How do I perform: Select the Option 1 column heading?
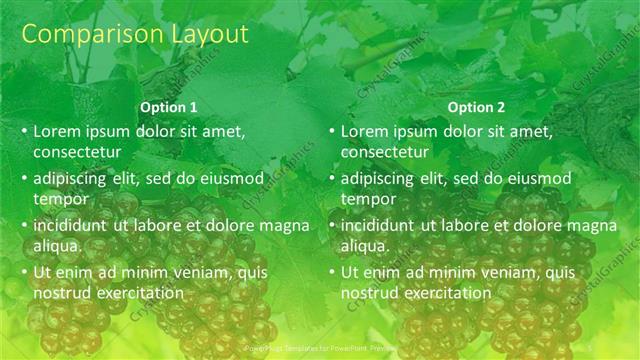[x=169, y=107]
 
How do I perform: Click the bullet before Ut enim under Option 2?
[x=332, y=272]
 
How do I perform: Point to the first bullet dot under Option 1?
[x=25, y=132]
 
